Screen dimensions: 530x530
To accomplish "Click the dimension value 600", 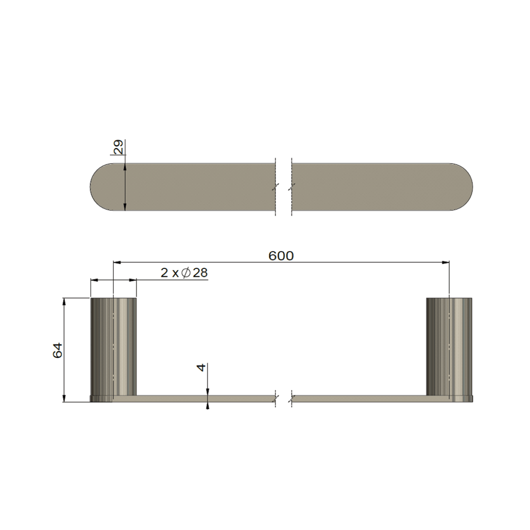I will pyautogui.click(x=281, y=256).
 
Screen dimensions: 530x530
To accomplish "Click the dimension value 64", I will pyautogui.click(x=58, y=350).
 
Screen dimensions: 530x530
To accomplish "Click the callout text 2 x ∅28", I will pyautogui.click(x=184, y=273).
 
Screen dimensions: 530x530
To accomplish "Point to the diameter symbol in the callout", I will pyautogui.click(x=186, y=273).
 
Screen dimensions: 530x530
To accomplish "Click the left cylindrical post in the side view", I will pyautogui.click(x=113, y=345).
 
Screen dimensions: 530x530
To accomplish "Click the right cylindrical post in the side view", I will pyautogui.click(x=449, y=345).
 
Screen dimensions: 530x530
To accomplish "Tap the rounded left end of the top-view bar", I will pyautogui.click(x=101, y=186).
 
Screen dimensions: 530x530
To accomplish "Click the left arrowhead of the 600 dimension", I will pyautogui.click(x=117, y=263).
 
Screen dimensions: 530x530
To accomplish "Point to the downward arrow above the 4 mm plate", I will pyautogui.click(x=208, y=391).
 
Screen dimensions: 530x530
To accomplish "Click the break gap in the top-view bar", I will pyautogui.click(x=284, y=186).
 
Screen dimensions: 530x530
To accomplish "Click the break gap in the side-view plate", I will pyautogui.click(x=284, y=398).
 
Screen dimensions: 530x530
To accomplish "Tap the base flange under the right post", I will pyautogui.click(x=449, y=398).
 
